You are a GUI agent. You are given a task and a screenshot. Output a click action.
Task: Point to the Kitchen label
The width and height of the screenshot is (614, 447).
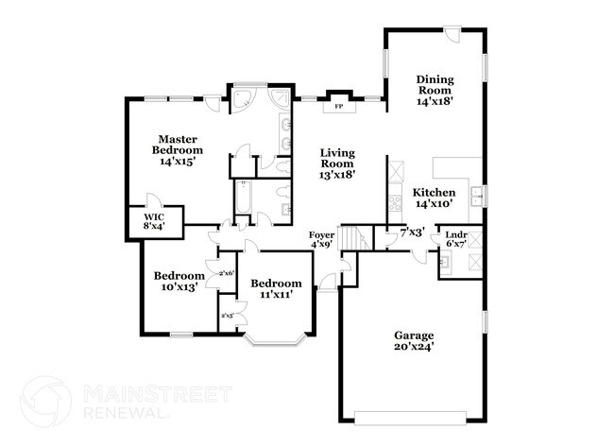[435, 192]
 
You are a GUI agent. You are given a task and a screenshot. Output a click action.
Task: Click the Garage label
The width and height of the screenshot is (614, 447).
[414, 335]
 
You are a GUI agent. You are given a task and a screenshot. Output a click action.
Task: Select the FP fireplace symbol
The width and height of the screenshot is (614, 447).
[338, 107]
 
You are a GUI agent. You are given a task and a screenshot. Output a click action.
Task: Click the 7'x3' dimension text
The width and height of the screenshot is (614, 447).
[411, 232]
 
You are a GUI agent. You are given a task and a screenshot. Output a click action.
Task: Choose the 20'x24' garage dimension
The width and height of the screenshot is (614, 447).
[414, 347]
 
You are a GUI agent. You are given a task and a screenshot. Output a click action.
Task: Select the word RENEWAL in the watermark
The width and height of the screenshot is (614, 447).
[122, 413]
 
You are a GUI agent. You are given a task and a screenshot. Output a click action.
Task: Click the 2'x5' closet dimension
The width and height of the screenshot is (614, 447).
[227, 316]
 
